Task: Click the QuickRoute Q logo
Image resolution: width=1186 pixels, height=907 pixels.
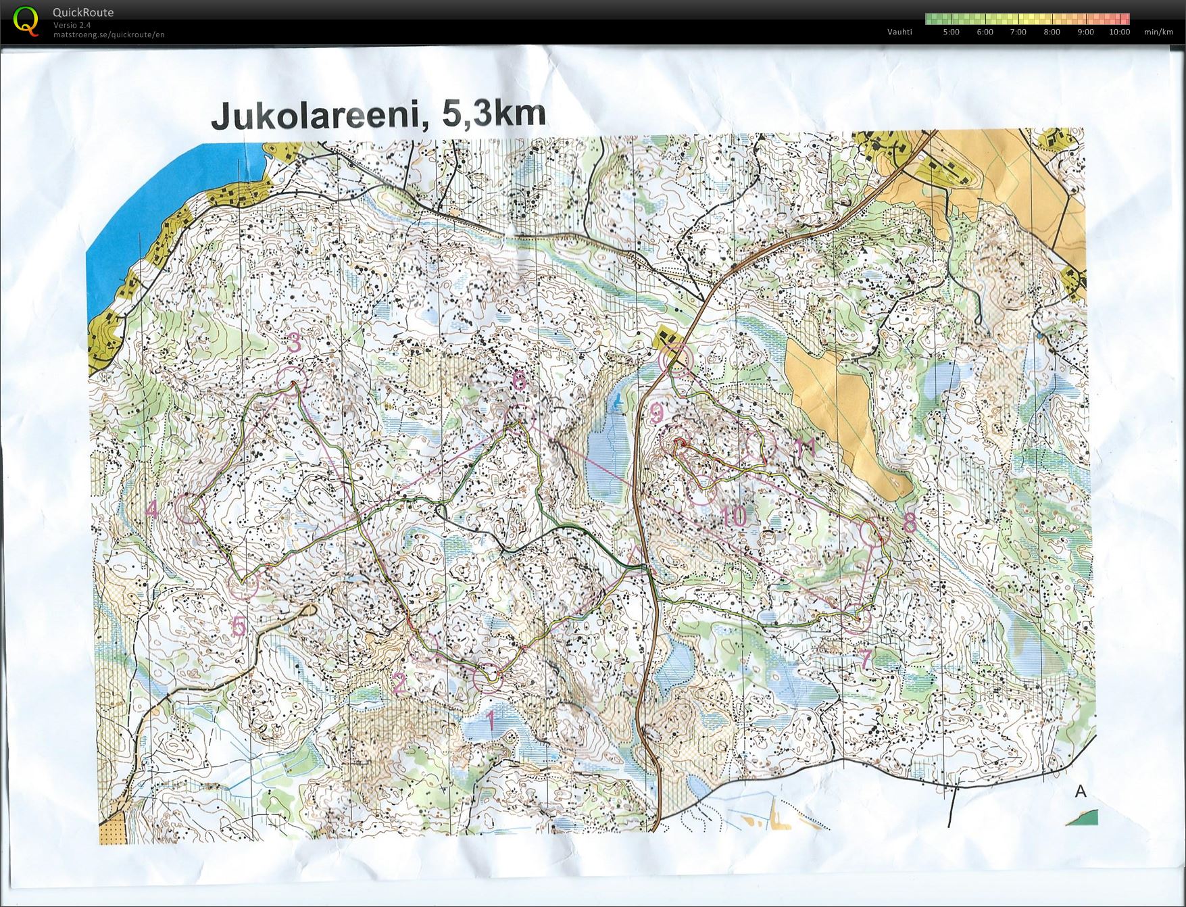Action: [x=26, y=20]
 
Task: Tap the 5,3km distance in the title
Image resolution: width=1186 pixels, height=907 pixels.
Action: [x=493, y=114]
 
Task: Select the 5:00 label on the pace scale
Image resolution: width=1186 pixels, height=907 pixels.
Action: [x=951, y=32]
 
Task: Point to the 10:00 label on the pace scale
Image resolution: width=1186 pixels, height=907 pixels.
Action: [x=1119, y=32]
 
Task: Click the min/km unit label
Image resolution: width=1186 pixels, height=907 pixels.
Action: [x=1158, y=32]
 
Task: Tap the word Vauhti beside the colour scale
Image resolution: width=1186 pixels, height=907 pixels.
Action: [x=899, y=32]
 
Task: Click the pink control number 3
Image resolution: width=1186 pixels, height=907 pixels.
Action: [x=294, y=343]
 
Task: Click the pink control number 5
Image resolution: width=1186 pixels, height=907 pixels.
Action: [x=239, y=627]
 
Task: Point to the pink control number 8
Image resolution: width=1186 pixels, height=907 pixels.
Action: [x=910, y=522]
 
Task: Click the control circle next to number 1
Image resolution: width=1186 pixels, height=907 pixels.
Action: [x=488, y=678]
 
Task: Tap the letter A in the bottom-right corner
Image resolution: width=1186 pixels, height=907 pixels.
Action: [x=1081, y=791]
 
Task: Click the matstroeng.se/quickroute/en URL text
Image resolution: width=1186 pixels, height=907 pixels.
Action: [x=109, y=34]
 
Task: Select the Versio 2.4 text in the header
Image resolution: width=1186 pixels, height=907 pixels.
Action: [x=72, y=25]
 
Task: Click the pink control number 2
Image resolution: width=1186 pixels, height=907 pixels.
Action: [x=399, y=683]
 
